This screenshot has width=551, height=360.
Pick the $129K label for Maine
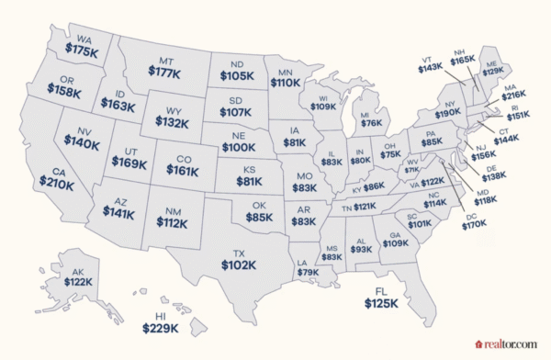coord(493,71)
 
